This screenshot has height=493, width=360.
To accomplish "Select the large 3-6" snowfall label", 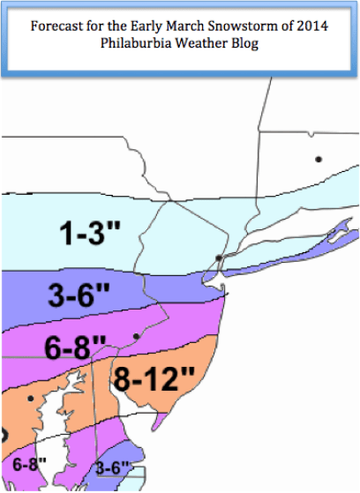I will point(71,298).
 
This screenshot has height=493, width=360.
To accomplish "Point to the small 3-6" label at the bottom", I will point(112,468).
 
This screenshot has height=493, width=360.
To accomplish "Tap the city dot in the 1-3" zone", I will point(218,257).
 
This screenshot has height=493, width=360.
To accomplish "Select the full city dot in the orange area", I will point(30,399).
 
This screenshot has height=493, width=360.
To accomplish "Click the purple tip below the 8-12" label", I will point(156,425).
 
